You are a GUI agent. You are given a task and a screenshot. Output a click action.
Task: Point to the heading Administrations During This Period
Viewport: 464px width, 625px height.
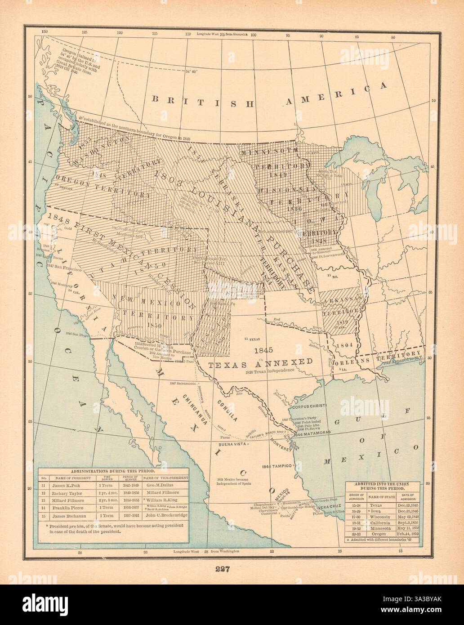(x=112, y=470)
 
